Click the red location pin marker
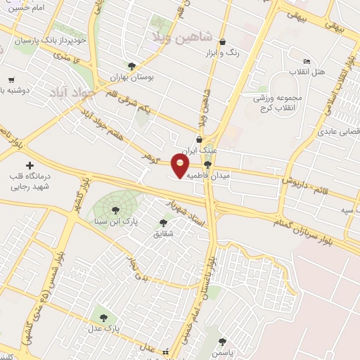181,166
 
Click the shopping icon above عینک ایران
200,139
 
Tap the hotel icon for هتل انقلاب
307,62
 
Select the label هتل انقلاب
307,72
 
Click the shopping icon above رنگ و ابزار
223,41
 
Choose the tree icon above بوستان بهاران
131,66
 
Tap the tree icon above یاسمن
223,341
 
